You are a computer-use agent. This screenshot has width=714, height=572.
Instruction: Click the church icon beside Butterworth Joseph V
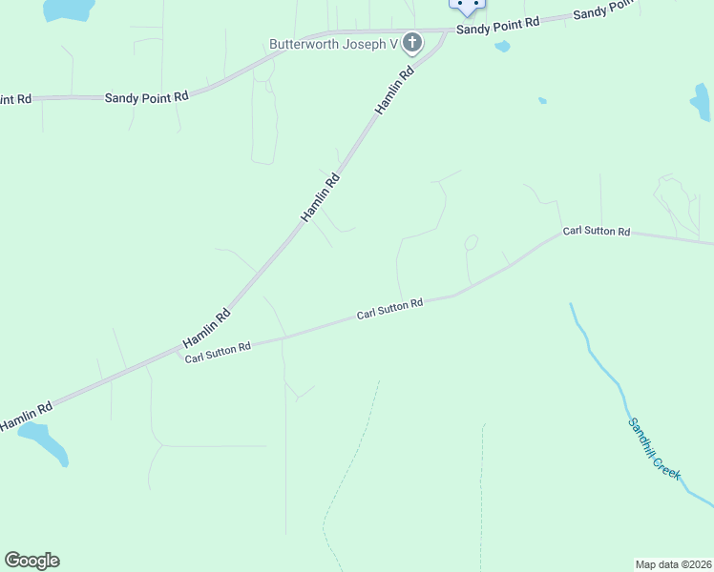[x=412, y=43]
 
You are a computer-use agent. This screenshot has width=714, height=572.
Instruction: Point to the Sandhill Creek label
[x=655, y=448]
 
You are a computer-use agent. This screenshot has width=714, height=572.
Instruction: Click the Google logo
[x=31, y=561]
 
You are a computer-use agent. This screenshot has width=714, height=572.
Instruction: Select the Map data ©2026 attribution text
[x=673, y=563]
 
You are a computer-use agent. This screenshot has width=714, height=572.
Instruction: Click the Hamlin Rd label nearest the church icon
[x=394, y=91]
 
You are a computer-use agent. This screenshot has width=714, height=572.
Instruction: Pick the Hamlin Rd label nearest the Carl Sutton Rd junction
[x=206, y=328]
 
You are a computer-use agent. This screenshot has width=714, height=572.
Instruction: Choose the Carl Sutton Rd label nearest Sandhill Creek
[x=597, y=232]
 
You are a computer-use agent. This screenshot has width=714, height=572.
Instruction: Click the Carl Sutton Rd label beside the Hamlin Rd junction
[x=218, y=353]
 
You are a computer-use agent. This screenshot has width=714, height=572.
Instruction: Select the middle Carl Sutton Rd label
[x=389, y=309]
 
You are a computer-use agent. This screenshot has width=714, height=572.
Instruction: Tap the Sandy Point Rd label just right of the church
[x=497, y=26]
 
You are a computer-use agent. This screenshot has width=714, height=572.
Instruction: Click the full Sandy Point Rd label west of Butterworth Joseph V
[x=146, y=96]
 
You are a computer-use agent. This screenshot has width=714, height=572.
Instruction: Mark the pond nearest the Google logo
[x=44, y=441]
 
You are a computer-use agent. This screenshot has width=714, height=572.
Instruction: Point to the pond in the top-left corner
[x=69, y=10]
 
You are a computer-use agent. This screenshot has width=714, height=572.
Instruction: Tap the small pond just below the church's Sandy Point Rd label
[x=502, y=46]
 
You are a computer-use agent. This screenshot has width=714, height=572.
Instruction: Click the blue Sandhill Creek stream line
[x=597, y=357]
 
